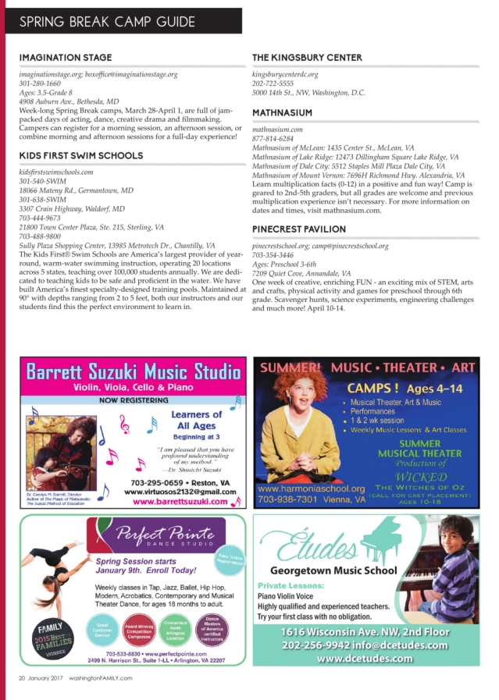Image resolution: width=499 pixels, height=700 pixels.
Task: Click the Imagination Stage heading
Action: point(66,58)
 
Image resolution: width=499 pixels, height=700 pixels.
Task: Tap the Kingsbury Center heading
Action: point(307,58)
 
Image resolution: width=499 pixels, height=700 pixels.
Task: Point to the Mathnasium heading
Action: point(282,113)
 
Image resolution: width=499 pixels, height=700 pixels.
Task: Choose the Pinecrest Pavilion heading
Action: point(299,229)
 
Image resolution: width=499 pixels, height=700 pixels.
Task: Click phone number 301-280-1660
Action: point(40,83)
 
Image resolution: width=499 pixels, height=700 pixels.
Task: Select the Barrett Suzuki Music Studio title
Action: point(133,371)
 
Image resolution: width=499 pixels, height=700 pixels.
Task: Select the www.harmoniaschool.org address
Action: point(311,489)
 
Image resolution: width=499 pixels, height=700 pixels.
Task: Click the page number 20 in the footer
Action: point(23,678)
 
